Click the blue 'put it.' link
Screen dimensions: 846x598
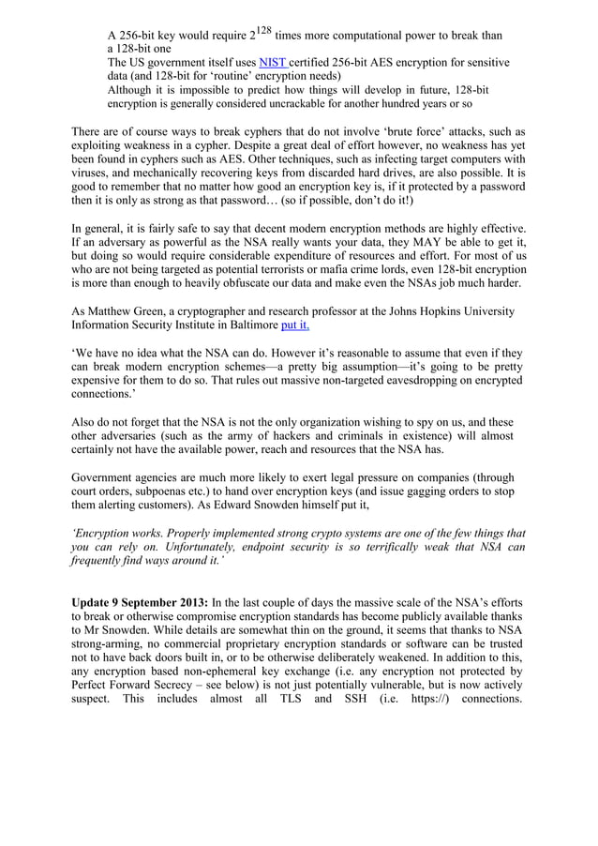pos(300,325)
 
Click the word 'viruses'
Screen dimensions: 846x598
pos(92,187)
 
